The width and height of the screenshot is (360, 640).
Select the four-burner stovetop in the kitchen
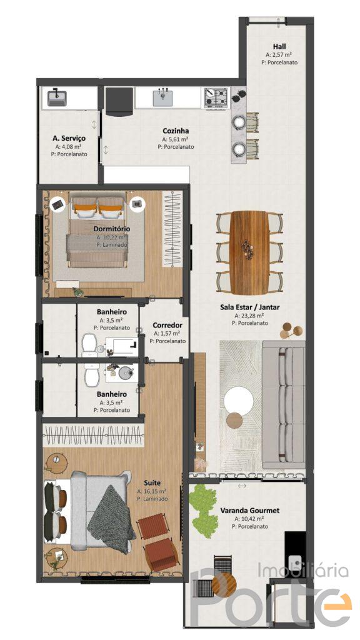pyautogui.click(x=216, y=97)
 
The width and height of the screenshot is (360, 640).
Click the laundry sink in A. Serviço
pyautogui.click(x=57, y=98)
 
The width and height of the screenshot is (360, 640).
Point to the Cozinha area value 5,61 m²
pyautogui.click(x=176, y=139)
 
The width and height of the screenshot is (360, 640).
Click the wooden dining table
pyautogui.click(x=249, y=252)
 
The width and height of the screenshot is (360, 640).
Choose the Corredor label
pyautogui.click(x=167, y=325)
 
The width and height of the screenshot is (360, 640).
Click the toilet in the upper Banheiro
pyautogui.click(x=89, y=344)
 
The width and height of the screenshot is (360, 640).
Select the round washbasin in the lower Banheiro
pyautogui.click(x=124, y=372)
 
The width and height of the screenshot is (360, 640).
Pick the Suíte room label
pyautogui.click(x=155, y=482)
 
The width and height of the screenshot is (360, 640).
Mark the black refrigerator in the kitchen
pyautogui.click(x=119, y=101)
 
